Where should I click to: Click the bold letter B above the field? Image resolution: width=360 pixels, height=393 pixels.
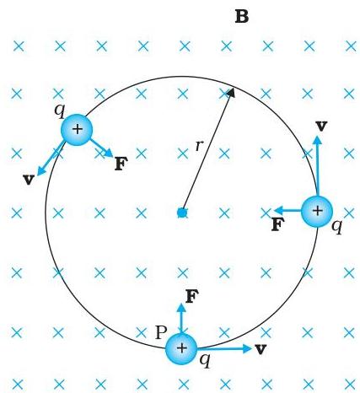[x=242, y=17]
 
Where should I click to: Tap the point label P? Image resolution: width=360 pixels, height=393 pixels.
[x=161, y=332]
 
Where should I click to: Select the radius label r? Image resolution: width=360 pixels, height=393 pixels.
[x=199, y=146]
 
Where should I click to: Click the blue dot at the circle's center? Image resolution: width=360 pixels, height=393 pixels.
[x=182, y=213]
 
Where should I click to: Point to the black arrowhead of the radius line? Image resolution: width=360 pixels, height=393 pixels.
[x=231, y=92]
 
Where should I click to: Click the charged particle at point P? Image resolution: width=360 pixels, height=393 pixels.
[x=181, y=348]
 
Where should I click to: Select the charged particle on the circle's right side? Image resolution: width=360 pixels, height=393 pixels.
[x=317, y=211]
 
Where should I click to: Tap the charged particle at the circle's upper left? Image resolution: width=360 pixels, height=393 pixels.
[x=77, y=130]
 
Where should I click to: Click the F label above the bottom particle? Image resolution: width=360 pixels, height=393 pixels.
[x=192, y=297]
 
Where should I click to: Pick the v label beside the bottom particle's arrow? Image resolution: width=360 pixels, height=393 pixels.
[x=261, y=349]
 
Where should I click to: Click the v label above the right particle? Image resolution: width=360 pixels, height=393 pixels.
[x=321, y=126]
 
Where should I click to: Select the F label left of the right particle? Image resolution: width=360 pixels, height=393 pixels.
[x=278, y=224]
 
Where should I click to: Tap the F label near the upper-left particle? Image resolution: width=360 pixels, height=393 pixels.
[x=121, y=164]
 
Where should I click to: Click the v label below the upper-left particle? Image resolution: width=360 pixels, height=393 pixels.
[x=29, y=180]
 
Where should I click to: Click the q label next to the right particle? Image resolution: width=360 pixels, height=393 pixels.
[x=337, y=226]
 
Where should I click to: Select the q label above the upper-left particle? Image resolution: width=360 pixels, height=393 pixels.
[x=60, y=110]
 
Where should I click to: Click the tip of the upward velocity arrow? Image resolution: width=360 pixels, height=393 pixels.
[x=318, y=136]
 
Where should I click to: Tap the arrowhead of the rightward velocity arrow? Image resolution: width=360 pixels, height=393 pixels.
[x=250, y=348]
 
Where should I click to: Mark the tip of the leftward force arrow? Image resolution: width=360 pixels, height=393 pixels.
[x=274, y=210]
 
